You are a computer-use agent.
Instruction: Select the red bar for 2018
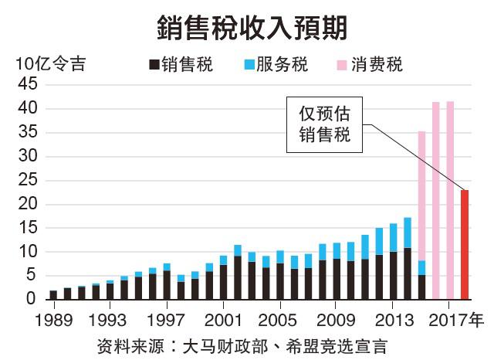(x=465, y=244)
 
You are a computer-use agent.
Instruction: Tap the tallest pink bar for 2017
(x=450, y=200)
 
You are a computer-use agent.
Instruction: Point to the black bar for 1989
(x=53, y=294)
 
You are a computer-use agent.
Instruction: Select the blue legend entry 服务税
(x=276, y=64)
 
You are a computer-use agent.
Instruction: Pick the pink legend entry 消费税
(x=370, y=64)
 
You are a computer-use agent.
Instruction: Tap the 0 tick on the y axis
(x=31, y=299)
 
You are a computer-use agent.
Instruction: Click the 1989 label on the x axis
(x=53, y=318)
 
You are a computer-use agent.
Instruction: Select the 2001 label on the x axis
(x=224, y=318)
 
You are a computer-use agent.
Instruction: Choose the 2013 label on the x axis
(x=394, y=318)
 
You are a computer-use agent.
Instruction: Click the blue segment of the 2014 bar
(x=408, y=233)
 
